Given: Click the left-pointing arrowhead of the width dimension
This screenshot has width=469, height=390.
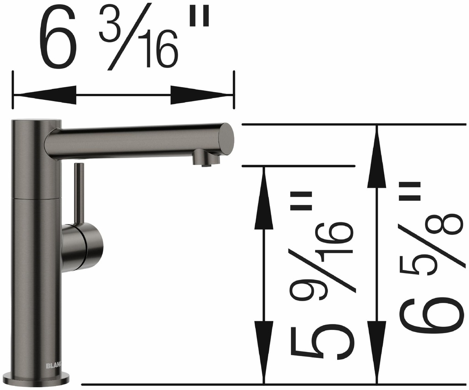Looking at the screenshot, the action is pos(44,95).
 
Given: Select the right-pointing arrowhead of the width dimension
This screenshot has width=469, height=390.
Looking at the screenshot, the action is pos(202,95).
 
